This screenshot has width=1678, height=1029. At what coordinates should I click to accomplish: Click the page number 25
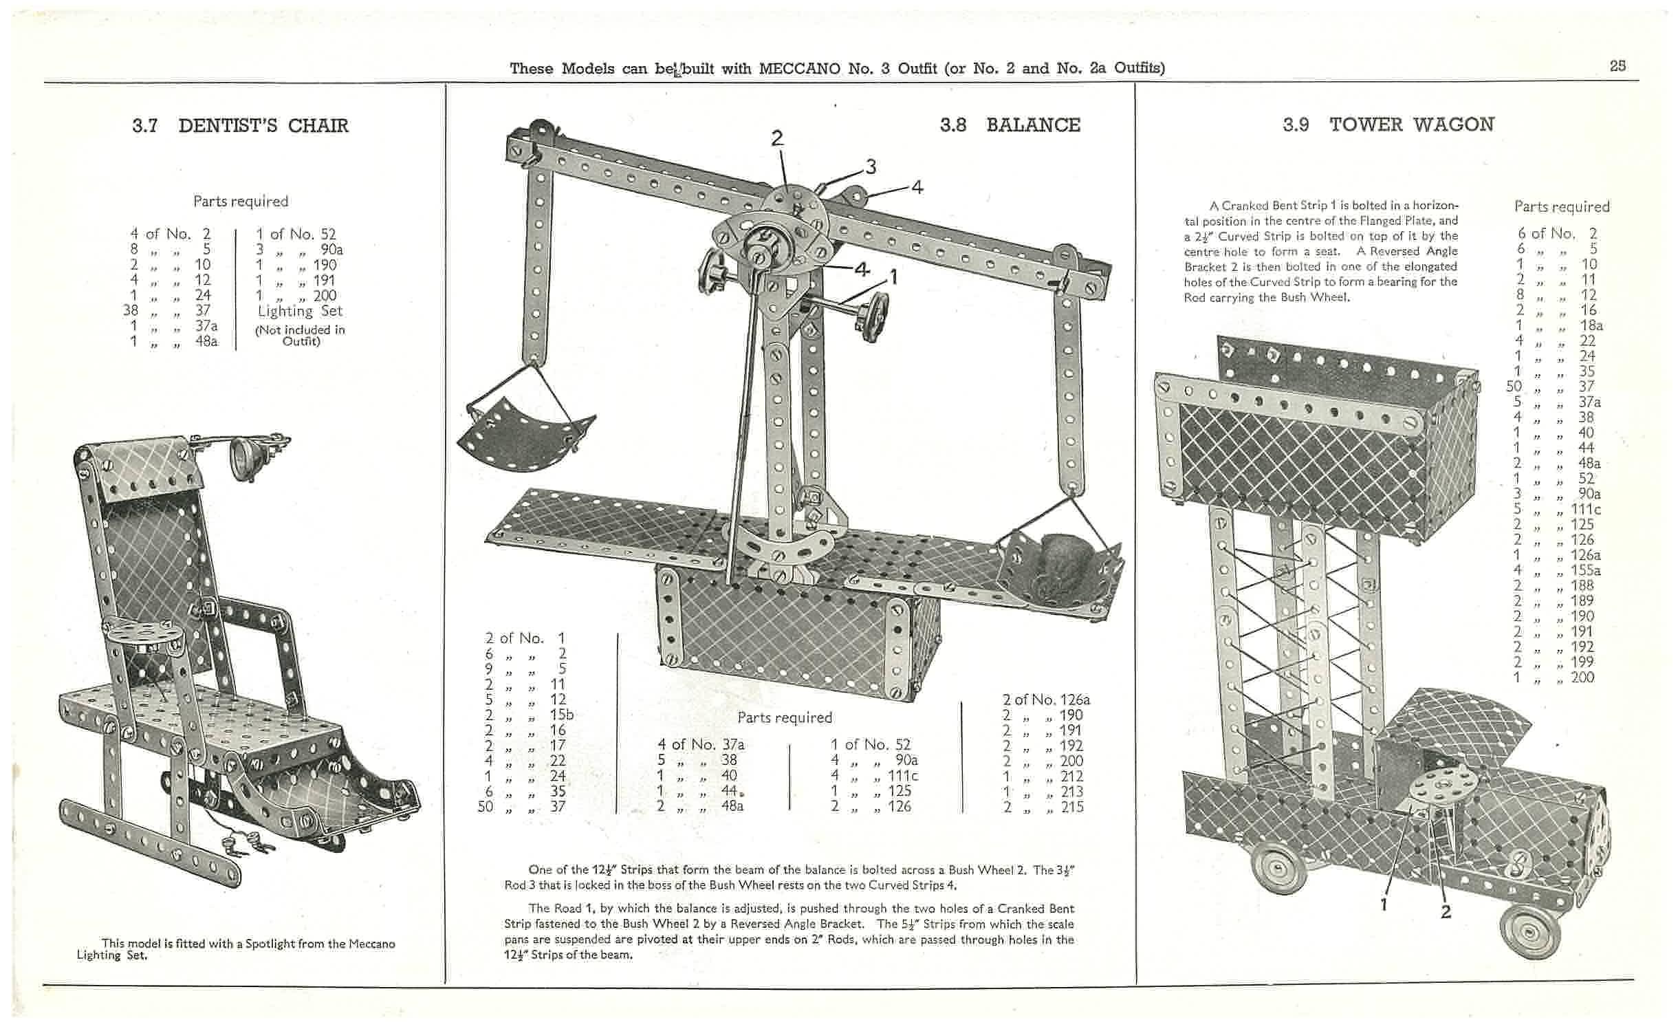coord(1617,67)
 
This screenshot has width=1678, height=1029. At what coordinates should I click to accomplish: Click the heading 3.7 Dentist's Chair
coord(240,125)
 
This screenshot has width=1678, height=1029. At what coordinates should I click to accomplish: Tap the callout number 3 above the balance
coord(871,167)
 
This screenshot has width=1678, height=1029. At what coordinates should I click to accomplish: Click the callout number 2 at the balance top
coord(777,138)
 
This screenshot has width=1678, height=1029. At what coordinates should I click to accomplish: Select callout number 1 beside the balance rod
coord(893,277)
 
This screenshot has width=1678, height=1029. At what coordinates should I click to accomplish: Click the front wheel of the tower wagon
coord(1531,932)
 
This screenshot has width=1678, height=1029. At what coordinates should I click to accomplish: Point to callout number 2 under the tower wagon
coord(1446,912)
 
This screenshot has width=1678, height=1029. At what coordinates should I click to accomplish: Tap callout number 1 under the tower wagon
coord(1383,904)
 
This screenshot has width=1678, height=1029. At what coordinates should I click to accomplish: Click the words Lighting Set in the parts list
coord(300,311)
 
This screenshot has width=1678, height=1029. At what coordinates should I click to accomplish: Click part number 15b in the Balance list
coord(561,715)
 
